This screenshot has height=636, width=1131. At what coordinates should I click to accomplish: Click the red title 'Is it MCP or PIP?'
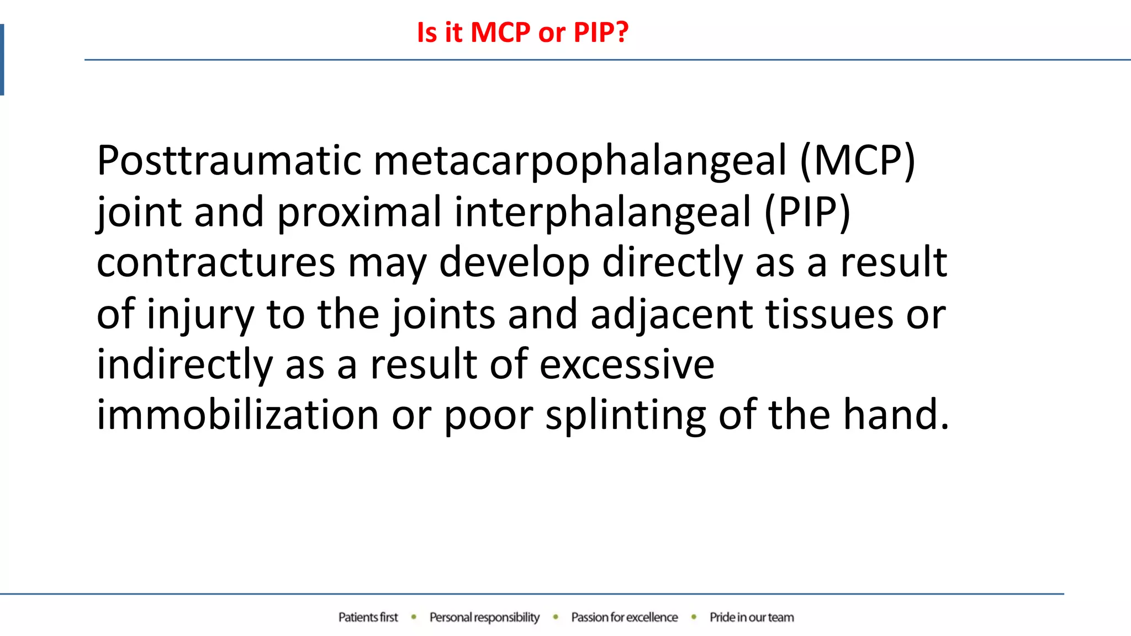click(x=522, y=32)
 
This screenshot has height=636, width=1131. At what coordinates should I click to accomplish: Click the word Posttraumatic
click(x=229, y=161)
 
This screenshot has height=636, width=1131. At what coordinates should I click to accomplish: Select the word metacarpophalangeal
click(x=580, y=161)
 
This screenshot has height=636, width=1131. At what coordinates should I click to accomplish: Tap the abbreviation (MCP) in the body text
click(x=858, y=161)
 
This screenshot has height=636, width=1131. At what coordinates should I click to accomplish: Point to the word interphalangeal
click(x=603, y=213)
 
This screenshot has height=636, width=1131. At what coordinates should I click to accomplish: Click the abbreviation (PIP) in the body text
click(x=807, y=213)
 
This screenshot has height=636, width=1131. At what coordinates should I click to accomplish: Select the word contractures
click(x=216, y=263)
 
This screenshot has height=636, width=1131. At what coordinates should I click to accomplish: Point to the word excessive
click(x=626, y=365)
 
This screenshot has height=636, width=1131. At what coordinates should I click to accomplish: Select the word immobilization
click(x=237, y=415)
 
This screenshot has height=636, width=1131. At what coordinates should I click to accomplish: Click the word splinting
click(x=625, y=415)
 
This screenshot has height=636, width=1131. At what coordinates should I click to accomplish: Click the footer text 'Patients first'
click(x=368, y=617)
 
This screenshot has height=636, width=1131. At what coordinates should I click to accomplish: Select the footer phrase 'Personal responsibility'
click(x=484, y=617)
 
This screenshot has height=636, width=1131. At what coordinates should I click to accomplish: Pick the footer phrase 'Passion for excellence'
click(x=624, y=617)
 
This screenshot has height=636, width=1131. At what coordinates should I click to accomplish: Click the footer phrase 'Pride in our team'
click(x=752, y=617)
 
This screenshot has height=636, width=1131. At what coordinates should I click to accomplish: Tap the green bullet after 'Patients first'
click(x=414, y=617)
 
